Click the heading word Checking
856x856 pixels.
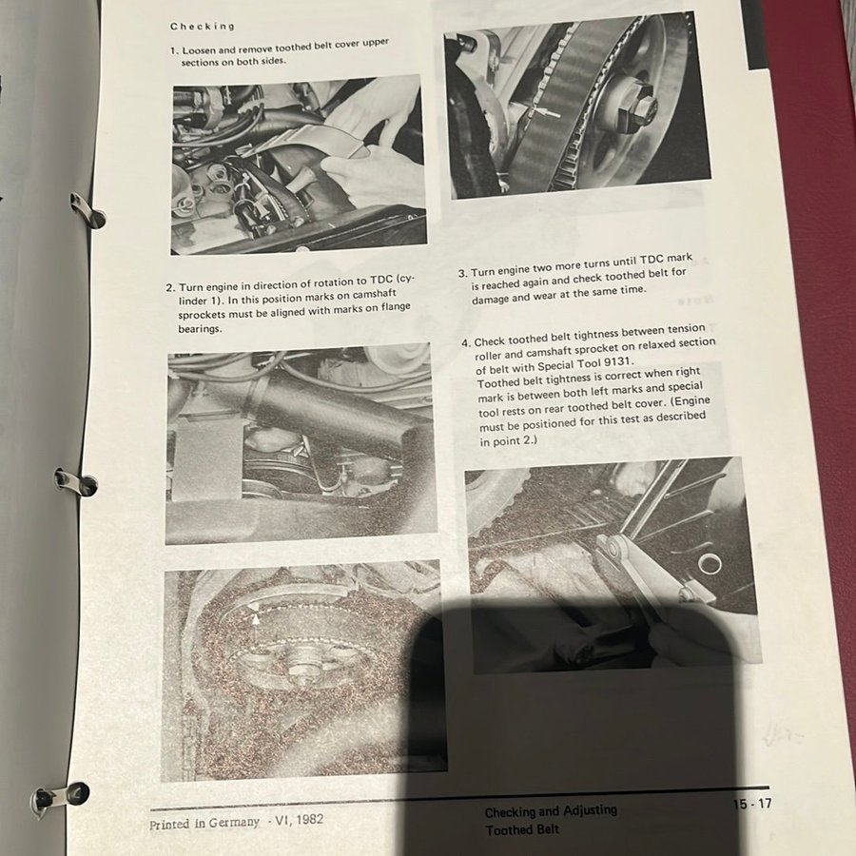(x=202, y=27)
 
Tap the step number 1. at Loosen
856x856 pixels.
(x=175, y=50)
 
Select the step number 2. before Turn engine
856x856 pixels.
(x=171, y=287)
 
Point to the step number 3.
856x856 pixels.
(x=463, y=273)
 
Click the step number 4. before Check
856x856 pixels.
(x=466, y=342)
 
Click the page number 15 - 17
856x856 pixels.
(x=752, y=804)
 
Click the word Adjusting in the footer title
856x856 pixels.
(x=590, y=810)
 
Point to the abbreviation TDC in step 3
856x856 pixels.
(x=652, y=260)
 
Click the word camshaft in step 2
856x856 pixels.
(x=375, y=294)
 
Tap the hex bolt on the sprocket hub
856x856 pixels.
(x=636, y=107)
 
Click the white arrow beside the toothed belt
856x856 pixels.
(x=547, y=113)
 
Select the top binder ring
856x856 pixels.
(x=88, y=210)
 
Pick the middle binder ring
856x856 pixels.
(x=76, y=482)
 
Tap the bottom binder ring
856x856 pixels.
(x=59, y=799)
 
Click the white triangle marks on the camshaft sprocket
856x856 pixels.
(x=254, y=613)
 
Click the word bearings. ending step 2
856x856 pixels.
(x=200, y=329)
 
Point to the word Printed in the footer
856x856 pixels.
(x=169, y=825)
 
